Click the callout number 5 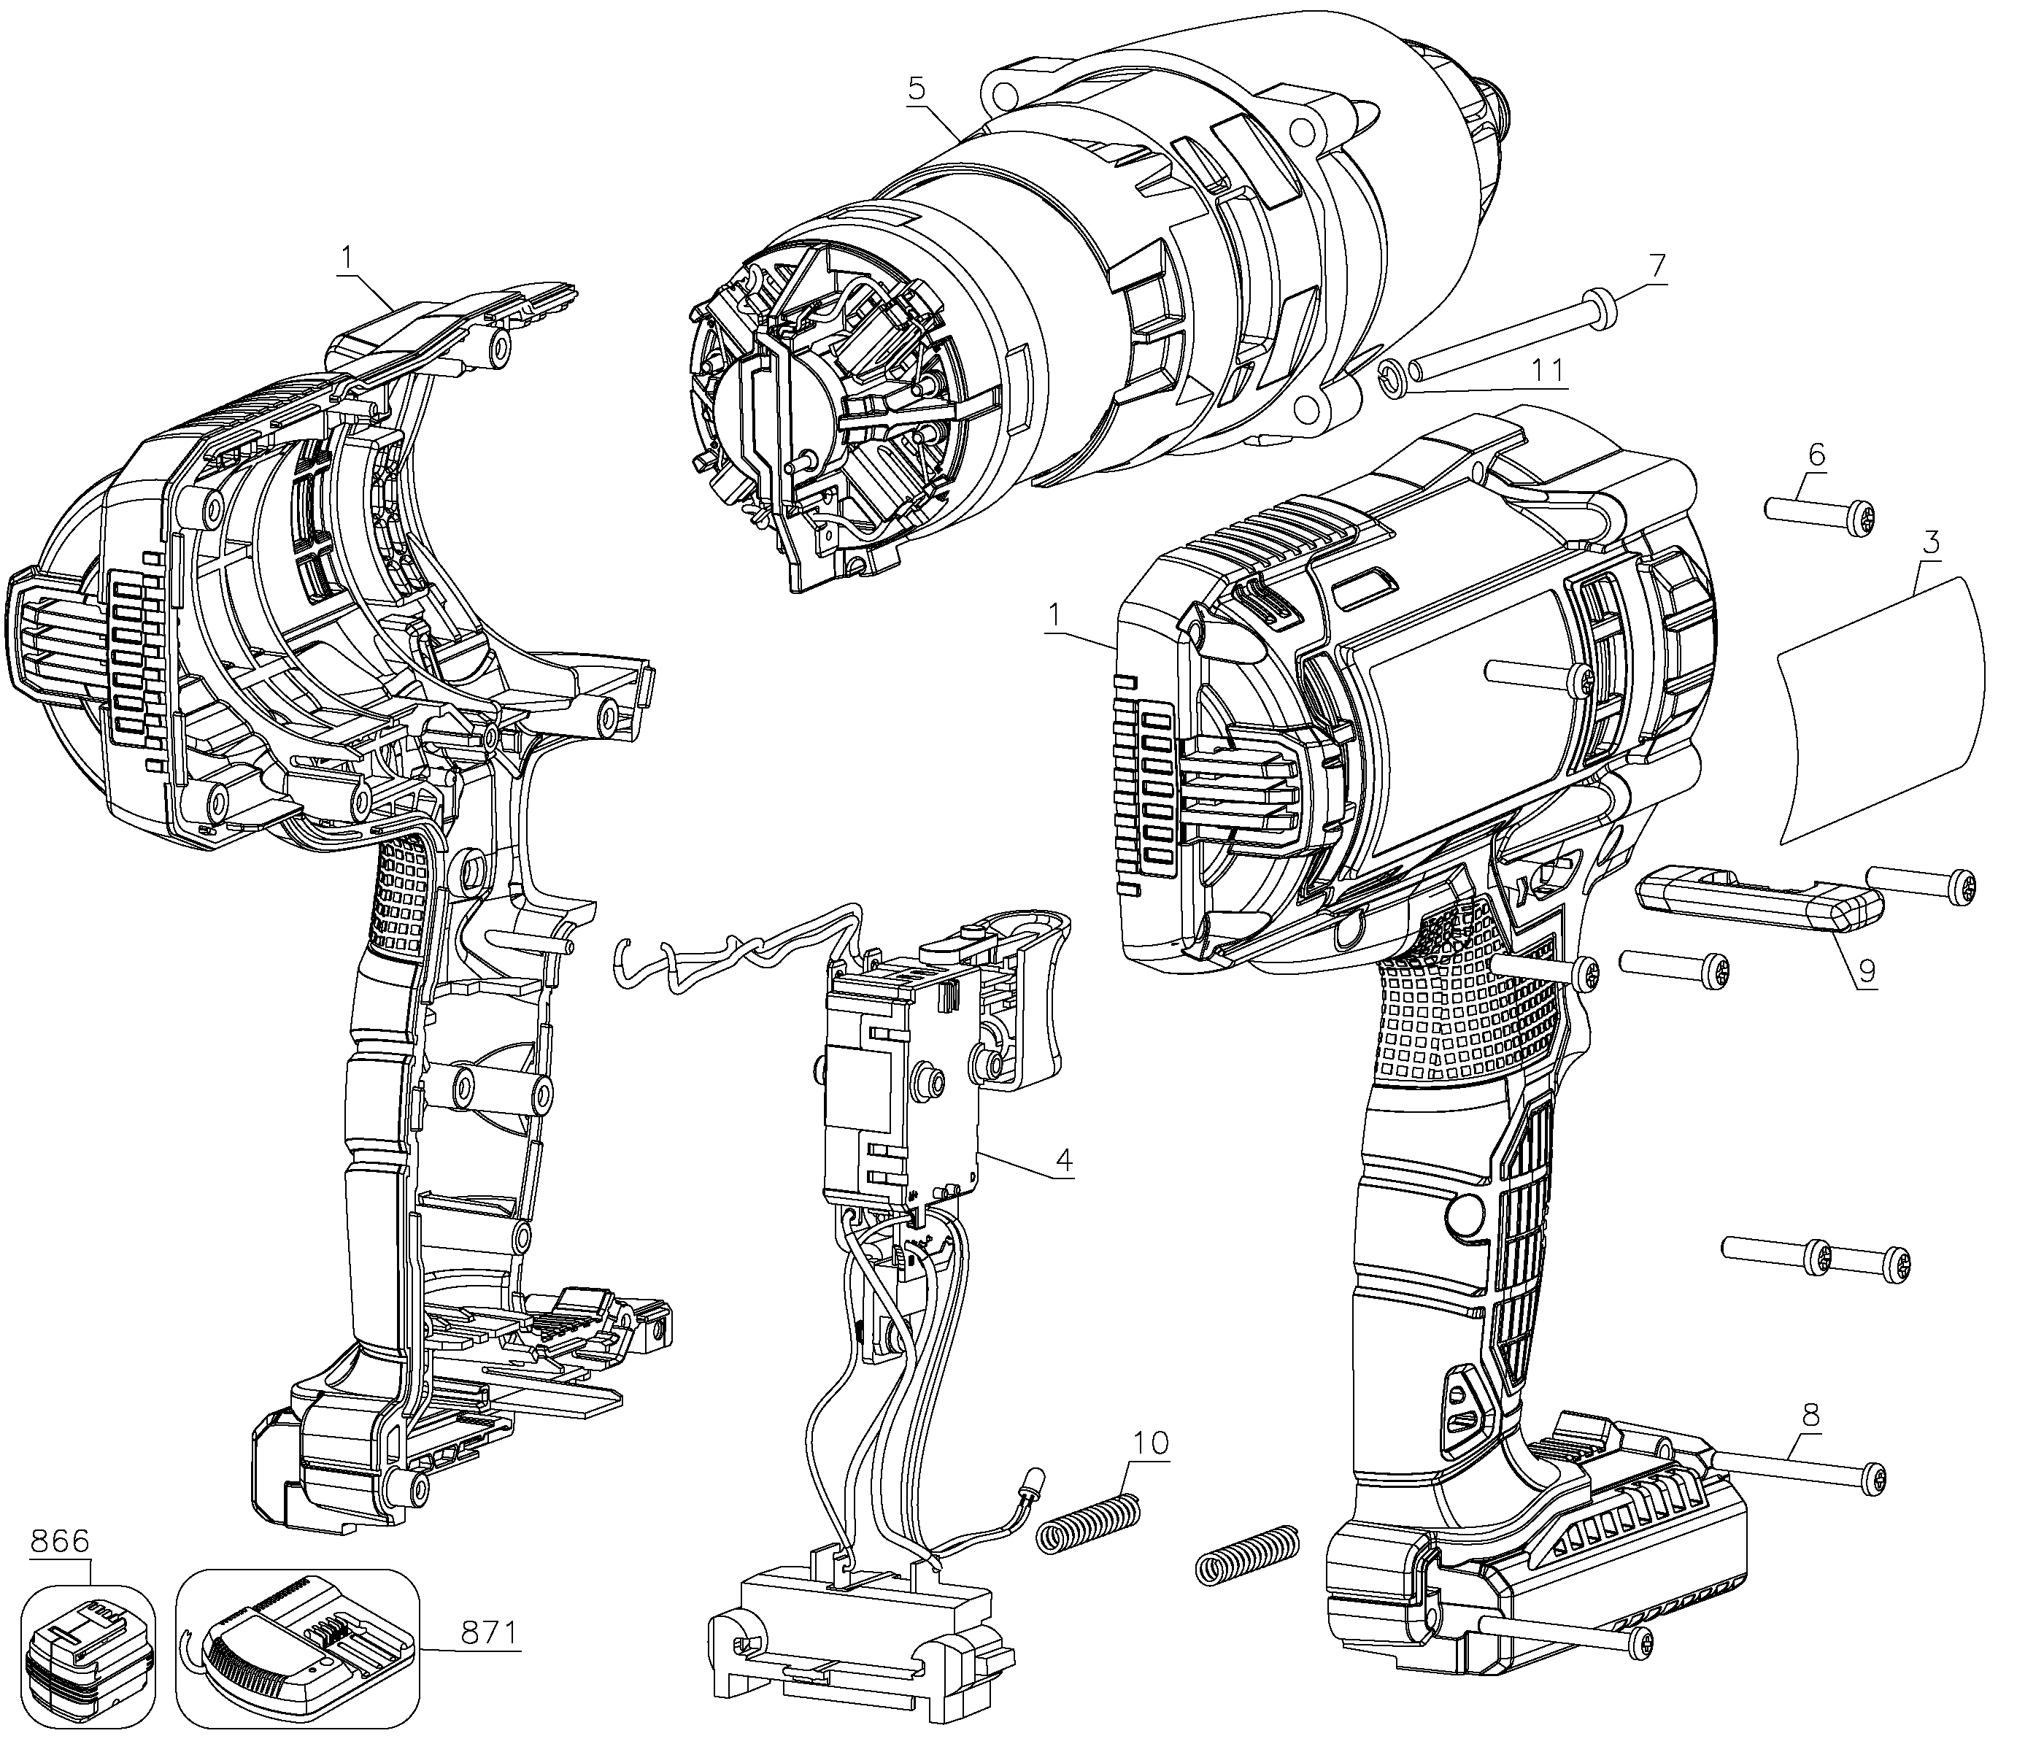tap(917, 89)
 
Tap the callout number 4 tap(1063, 1159)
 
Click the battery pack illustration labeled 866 tap(89, 1667)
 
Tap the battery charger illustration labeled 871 tap(296, 1657)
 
